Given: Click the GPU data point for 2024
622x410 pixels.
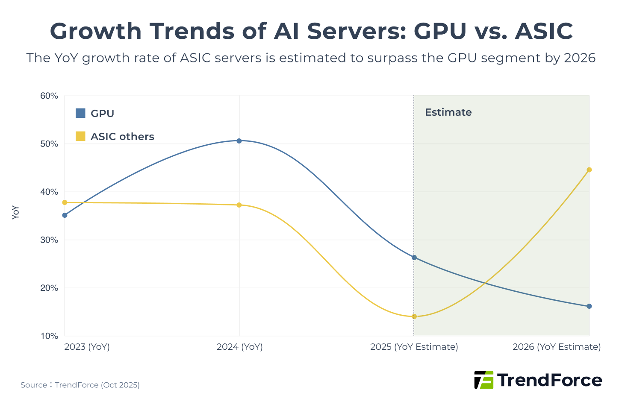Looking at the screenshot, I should [239, 141].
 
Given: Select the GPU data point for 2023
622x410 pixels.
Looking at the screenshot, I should [65, 215].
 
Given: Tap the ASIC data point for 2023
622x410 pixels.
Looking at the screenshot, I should [65, 202].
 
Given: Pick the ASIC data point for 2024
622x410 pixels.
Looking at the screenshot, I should [239, 205].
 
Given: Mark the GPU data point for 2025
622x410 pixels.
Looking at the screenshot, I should [414, 258].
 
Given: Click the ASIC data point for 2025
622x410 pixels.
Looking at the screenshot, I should [414, 316].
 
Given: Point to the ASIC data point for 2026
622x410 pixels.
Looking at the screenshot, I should [589, 170].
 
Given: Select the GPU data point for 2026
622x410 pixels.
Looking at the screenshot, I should [589, 306].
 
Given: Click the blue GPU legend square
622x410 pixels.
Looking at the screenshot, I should [80, 113].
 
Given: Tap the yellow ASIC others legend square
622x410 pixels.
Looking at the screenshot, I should [80, 136].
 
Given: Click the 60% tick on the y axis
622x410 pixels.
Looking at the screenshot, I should [49, 96].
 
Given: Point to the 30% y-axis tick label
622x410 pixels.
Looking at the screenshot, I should [49, 240].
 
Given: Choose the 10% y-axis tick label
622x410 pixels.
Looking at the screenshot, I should [49, 336].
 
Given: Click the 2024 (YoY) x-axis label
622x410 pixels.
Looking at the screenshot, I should [239, 347].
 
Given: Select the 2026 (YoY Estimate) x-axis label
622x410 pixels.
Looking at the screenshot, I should [556, 347].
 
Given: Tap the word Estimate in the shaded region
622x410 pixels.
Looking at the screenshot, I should [448, 112].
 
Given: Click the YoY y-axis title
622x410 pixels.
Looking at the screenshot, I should [16, 212].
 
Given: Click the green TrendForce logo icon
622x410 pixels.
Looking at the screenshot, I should [483, 380].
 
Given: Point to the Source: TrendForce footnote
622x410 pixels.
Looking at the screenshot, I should [80, 385].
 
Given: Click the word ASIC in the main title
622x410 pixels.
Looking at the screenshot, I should [543, 31].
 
